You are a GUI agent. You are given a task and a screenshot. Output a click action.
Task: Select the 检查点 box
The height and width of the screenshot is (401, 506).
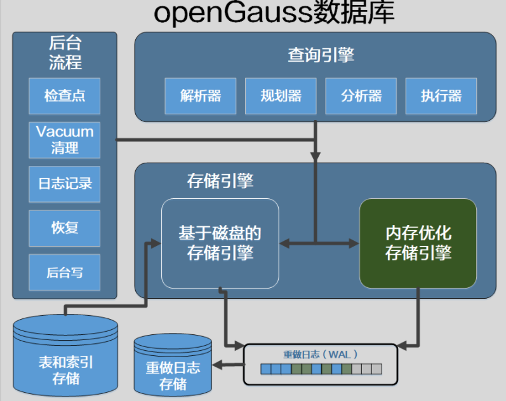(65, 96)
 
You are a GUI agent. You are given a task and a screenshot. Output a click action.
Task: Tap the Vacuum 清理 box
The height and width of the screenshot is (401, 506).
(65, 140)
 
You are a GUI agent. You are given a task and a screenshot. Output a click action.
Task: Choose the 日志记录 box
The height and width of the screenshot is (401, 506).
(65, 184)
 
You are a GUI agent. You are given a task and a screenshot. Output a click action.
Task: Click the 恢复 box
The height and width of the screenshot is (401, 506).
(65, 228)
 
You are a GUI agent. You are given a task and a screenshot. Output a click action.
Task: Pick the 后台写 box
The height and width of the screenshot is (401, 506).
(65, 272)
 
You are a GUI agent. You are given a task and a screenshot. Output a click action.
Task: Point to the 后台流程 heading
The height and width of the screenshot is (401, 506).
(65, 53)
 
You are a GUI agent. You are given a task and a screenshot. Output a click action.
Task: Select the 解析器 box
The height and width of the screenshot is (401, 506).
(201, 96)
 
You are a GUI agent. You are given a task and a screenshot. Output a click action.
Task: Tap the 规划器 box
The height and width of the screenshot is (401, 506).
(281, 96)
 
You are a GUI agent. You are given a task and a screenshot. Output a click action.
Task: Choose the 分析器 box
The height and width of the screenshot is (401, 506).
(361, 96)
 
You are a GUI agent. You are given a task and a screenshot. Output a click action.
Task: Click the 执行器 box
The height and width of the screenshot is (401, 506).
(441, 96)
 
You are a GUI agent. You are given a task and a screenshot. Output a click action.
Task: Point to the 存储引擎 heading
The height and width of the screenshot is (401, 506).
(220, 181)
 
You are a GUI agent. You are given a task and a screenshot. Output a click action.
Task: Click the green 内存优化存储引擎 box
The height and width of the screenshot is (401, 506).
(418, 243)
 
